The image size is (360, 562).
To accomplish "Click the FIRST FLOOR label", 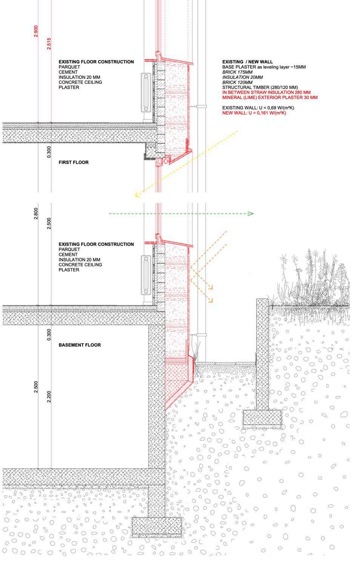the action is pos(74,162).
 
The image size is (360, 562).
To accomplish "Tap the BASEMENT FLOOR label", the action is pos(80,345).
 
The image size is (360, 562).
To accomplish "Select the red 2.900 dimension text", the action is pos(36,31).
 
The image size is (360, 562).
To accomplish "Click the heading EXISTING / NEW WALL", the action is pos(247,62).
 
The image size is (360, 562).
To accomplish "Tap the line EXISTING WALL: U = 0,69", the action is pos(258,108).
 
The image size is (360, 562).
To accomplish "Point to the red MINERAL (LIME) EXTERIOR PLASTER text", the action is pos(270,97).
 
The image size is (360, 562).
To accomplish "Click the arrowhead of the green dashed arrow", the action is pos(251,214).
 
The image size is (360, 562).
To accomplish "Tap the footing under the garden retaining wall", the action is pos(262,420).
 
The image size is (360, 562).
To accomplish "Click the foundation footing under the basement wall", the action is pos(157,528).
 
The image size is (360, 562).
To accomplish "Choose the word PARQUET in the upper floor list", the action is pos(69,67).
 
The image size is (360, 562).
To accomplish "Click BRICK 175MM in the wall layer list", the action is pos(237,72).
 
